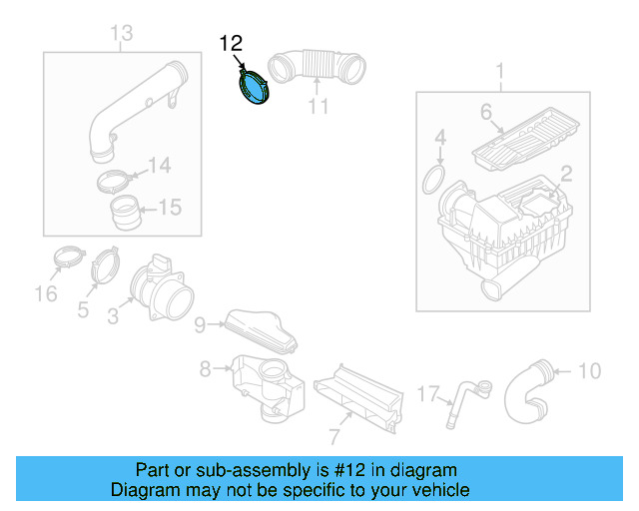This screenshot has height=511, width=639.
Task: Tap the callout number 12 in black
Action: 231,43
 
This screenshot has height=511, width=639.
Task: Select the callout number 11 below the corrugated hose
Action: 318,106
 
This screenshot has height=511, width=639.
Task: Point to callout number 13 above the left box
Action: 121,36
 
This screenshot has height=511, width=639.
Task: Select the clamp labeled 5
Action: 106,268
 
